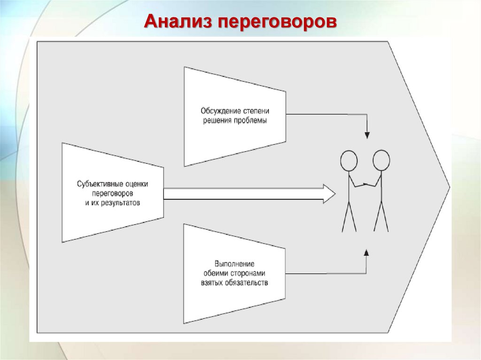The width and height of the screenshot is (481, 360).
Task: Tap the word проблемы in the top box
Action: (252, 120)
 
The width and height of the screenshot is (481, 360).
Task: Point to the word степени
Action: (257, 111)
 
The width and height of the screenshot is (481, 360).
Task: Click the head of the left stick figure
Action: (349, 160)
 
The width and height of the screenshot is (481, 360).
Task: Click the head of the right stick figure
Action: (381, 160)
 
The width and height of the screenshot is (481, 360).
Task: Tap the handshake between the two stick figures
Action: (365, 184)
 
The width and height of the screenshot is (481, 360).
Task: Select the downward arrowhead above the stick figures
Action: (367, 135)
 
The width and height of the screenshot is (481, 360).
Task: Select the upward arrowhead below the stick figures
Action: (367, 253)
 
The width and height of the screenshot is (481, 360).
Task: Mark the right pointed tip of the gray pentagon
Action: (449, 187)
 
